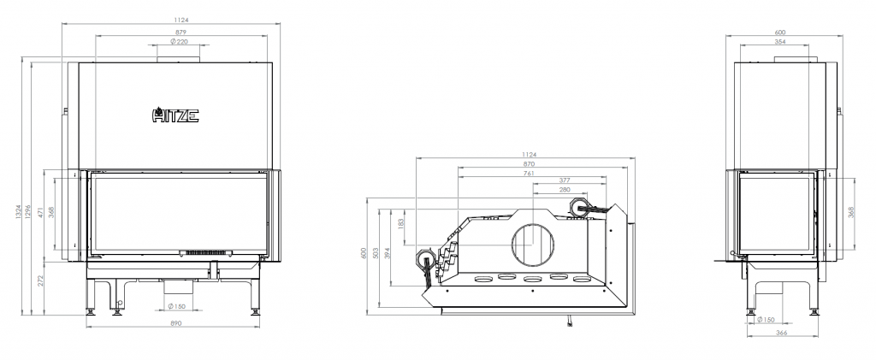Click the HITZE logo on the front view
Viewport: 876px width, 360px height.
[175, 115]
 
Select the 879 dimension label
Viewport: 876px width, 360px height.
[180, 32]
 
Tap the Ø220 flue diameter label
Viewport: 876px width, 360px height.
[179, 41]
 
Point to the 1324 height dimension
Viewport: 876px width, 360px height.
[18, 211]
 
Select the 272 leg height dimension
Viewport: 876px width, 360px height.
[41, 280]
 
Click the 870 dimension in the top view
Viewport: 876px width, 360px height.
[530, 163]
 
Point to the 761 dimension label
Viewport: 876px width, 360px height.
[530, 173]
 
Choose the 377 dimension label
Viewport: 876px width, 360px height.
[565, 180]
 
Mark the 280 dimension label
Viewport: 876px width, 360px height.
[565, 190]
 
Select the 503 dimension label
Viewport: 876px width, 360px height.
[376, 253]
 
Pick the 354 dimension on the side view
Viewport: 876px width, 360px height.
[780, 41]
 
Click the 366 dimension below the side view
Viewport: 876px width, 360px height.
[782, 333]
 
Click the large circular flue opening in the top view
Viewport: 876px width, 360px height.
[534, 245]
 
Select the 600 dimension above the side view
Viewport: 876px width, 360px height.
[780, 32]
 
